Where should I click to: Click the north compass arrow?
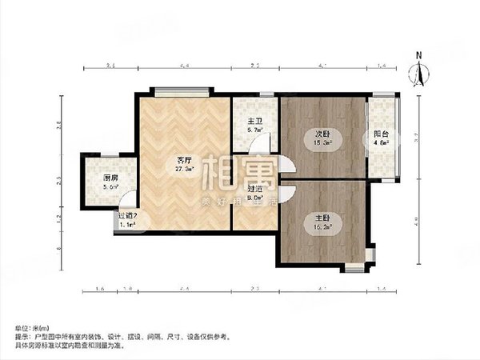418,74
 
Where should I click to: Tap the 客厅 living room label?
184,159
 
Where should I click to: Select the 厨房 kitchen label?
111,178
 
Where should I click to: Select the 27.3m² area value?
184,170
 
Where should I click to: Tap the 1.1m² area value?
126,225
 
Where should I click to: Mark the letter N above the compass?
418,55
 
